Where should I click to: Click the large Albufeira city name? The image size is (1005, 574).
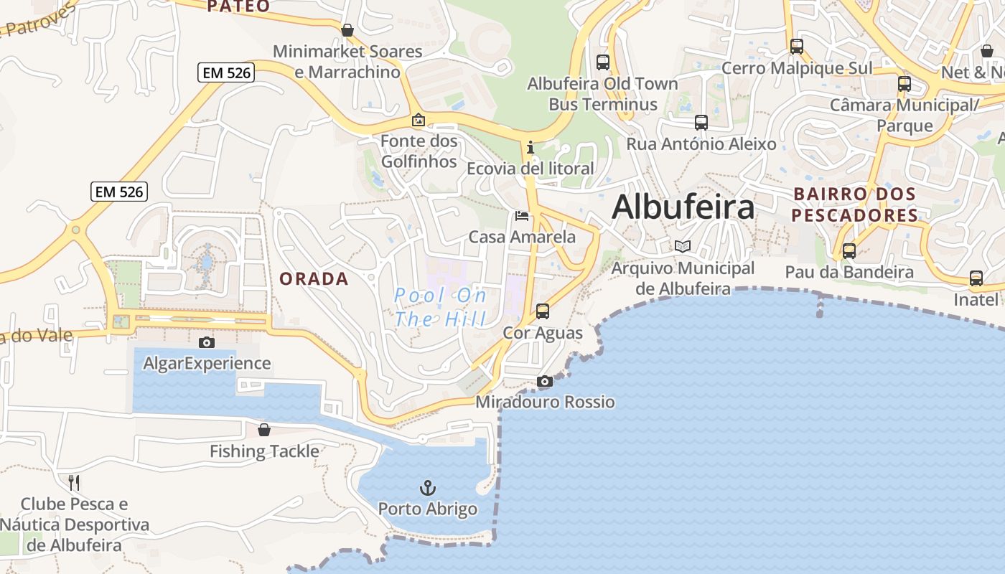pos(683,207)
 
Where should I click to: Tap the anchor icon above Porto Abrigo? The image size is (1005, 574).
pos(428,489)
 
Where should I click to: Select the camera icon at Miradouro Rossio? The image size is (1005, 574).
pos(545,382)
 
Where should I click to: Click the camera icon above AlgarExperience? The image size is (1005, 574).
pos(207,343)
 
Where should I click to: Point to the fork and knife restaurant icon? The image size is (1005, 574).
pos(74,483)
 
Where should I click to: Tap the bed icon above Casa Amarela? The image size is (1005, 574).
pos(522,216)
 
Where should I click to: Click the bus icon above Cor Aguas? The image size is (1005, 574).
pos(543,311)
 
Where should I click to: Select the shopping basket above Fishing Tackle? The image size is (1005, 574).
pos(264,430)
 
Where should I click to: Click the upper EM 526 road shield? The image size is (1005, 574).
pos(226,72)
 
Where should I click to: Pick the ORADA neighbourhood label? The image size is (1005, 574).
pos(314,279)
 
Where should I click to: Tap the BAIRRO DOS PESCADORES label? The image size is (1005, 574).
pos(854,204)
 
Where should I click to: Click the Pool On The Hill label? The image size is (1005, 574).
pos(441,307)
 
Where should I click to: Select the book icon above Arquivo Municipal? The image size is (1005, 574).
pos(683,247)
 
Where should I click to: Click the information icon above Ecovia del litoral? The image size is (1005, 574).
pos(530,148)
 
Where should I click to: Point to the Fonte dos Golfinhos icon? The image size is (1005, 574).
pos(419,120)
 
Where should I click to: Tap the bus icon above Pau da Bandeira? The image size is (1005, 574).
pos(849,251)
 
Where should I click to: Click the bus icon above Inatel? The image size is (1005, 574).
pos(976,278)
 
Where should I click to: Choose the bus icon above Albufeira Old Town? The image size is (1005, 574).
pos(603,62)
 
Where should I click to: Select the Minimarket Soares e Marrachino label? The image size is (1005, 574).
pos(347,62)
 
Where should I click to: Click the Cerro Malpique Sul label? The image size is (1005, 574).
pos(797,68)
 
